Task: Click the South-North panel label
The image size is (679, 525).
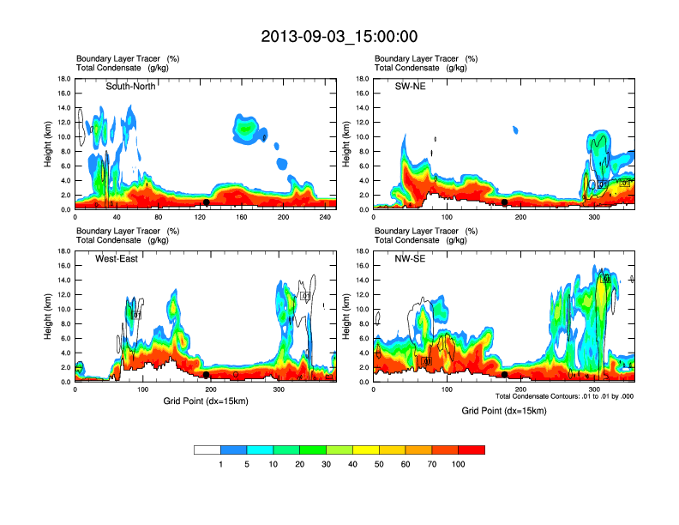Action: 130,86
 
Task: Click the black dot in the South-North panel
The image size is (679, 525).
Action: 207,202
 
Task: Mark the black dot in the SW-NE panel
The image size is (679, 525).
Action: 505,202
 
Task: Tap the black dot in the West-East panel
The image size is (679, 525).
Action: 207,375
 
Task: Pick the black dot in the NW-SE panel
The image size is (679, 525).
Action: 505,375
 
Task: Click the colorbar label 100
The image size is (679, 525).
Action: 459,464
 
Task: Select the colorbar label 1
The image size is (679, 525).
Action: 220,464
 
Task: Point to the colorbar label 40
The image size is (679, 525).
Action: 353,464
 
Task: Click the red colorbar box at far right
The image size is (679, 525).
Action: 472,450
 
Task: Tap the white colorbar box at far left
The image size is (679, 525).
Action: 207,450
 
